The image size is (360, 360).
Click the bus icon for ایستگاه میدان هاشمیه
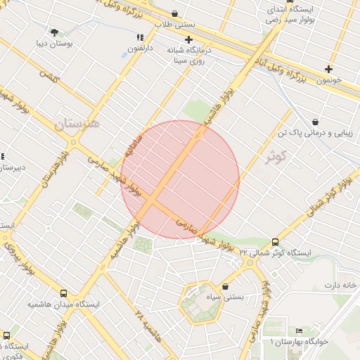pyautogui.click(x=64, y=294)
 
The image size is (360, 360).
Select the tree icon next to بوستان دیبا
pyautogui.click(x=54, y=32)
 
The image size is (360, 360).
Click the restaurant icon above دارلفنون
pyautogui.click(x=140, y=37)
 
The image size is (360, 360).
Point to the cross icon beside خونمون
pyautogui.click(x=328, y=69)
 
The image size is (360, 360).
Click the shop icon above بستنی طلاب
pyautogui.click(x=174, y=13)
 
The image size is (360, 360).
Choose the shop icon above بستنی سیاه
pyautogui.click(x=225, y=286)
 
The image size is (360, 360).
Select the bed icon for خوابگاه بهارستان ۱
pyautogui.click(x=300, y=330)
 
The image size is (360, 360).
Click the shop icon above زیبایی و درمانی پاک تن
pyautogui.click(x=314, y=121)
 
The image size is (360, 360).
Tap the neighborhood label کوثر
pyautogui.click(x=277, y=157)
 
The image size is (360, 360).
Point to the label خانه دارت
pyautogui.click(x=341, y=285)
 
